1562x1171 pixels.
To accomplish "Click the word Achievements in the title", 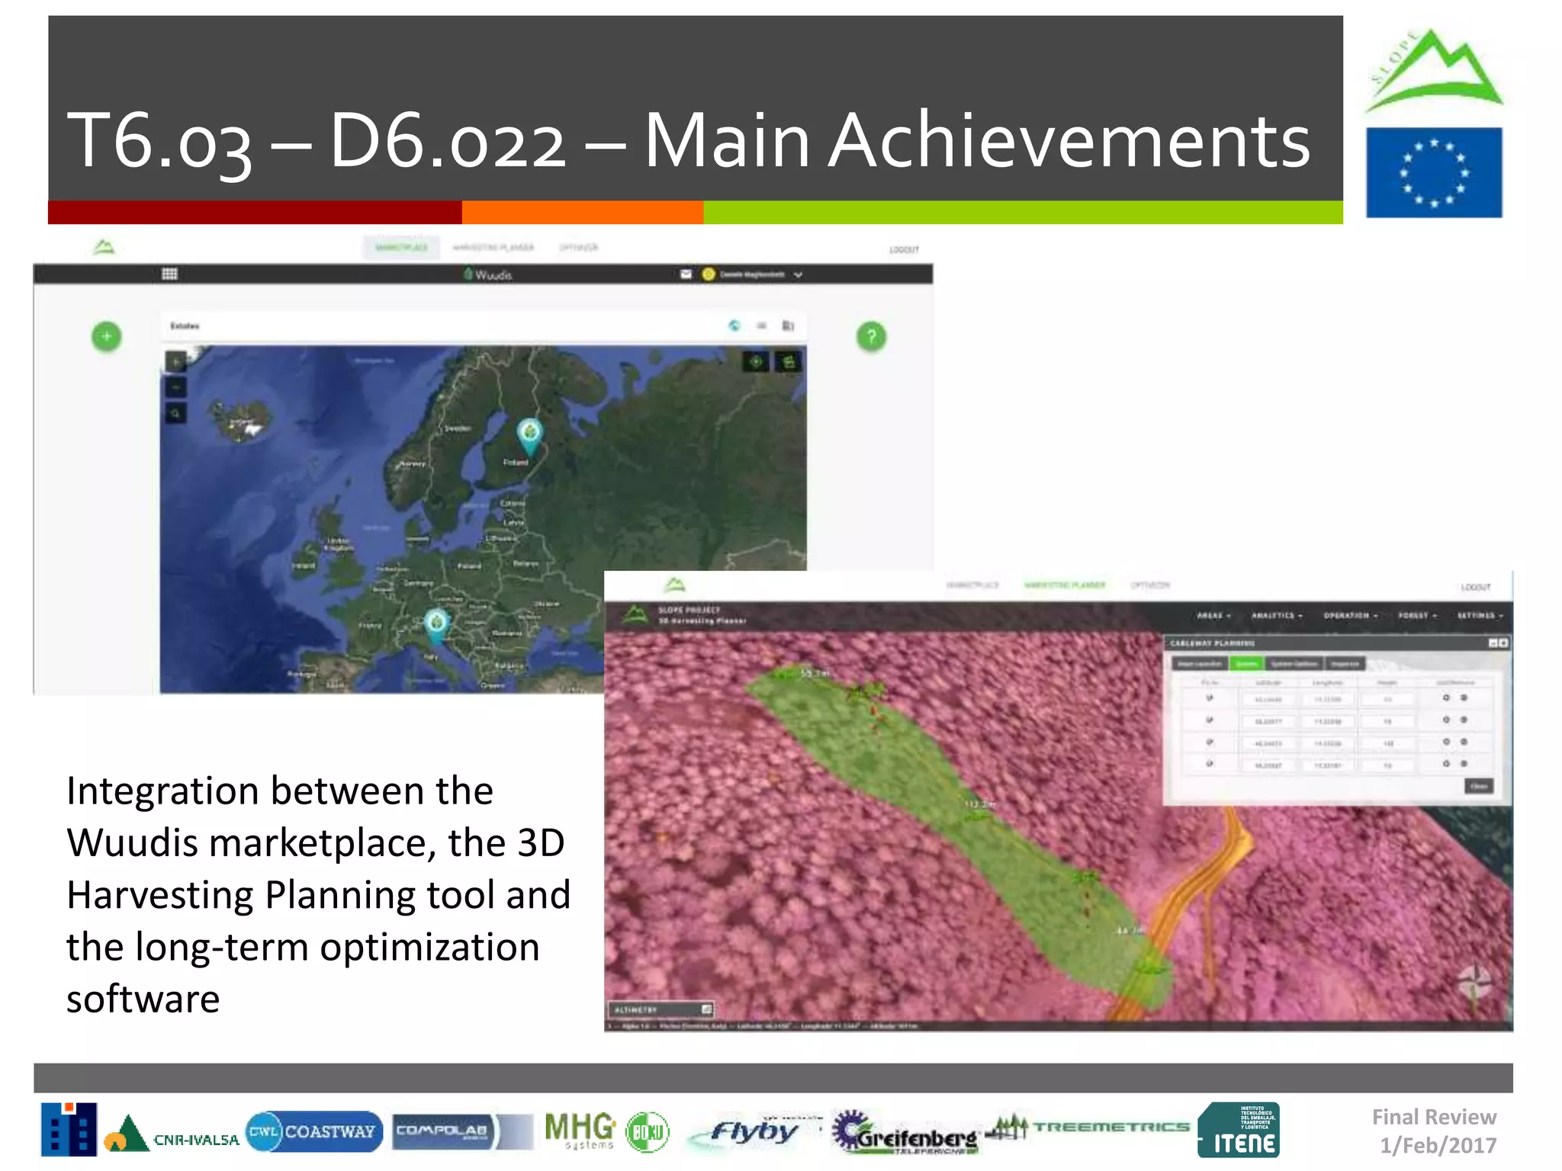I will coord(1069,140).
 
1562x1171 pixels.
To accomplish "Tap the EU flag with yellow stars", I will coord(1434,173).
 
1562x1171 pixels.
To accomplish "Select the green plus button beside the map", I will coord(107,336).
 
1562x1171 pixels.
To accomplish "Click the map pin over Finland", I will coord(529,433).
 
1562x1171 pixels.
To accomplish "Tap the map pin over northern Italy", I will coord(436,624).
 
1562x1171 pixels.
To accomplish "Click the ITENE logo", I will coord(1239,1131).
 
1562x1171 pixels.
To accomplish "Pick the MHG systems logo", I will coord(580,1130).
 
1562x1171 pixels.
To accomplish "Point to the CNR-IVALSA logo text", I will coord(196,1140).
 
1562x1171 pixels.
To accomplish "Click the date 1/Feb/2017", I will coord(1438,1145).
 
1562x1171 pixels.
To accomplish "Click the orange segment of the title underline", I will coord(583,213).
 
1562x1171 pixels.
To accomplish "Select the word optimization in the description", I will coord(430,948).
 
